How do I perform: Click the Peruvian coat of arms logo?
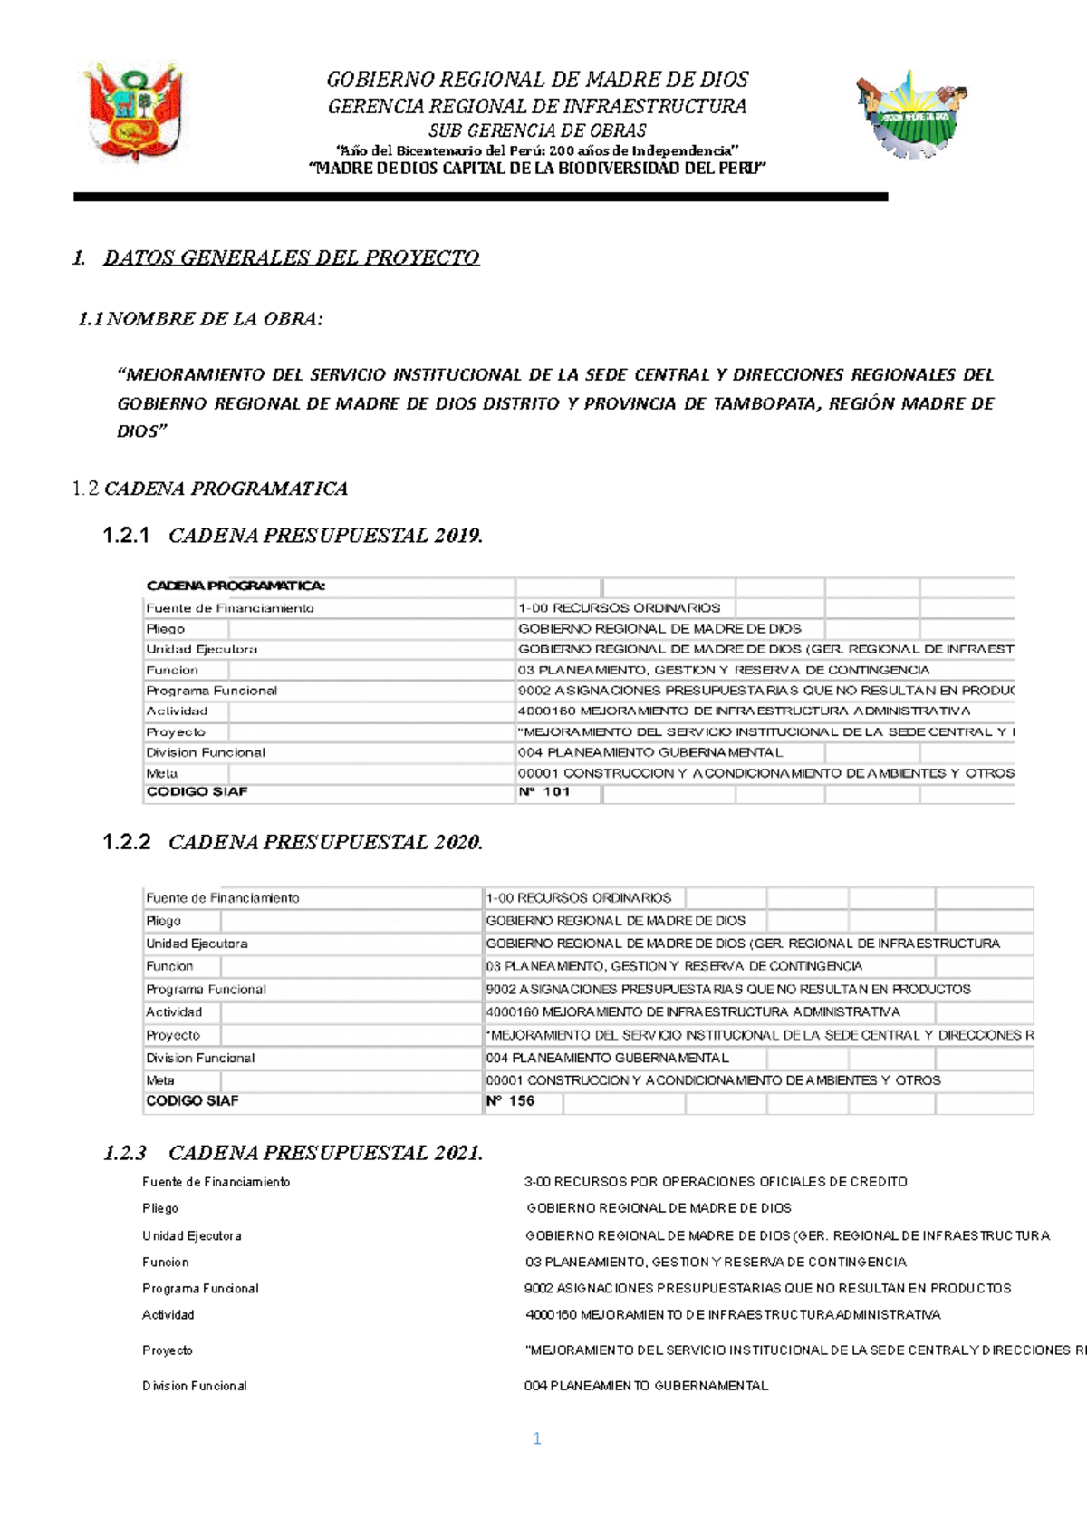tap(134, 112)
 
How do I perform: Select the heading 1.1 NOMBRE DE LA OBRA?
tap(200, 319)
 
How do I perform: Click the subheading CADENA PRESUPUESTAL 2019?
tap(325, 536)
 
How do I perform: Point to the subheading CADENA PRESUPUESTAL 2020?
tap(325, 842)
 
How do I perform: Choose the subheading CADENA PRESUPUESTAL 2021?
tap(325, 1153)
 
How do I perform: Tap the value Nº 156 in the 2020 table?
tap(510, 1101)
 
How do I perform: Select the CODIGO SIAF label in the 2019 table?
tap(197, 792)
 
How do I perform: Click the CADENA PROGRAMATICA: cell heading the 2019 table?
tap(236, 586)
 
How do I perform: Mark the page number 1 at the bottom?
tap(537, 1439)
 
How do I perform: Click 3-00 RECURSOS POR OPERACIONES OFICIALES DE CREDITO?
tap(716, 1182)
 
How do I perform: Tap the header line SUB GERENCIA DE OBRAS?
tap(537, 131)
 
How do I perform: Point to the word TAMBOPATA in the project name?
tap(764, 404)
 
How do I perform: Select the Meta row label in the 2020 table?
tap(160, 1080)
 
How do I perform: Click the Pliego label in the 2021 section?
tap(160, 1208)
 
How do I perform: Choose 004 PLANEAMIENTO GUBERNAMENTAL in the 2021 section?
tap(646, 1386)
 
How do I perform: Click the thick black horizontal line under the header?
tap(480, 197)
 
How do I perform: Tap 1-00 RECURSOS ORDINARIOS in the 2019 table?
tap(620, 608)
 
